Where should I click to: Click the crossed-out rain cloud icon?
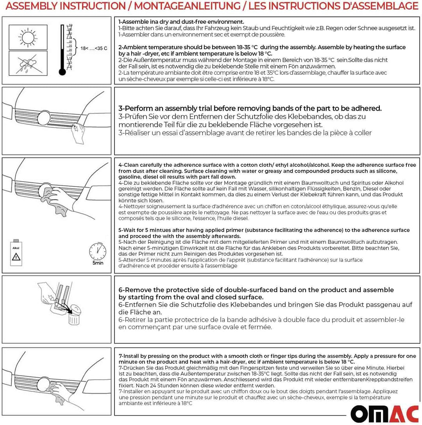pyautogui.click(x=27, y=63)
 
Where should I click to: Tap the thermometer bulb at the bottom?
pyautogui.click(x=62, y=72)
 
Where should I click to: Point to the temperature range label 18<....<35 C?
pyautogui.click(x=94, y=48)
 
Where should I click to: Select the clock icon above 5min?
pyautogui.click(x=98, y=251)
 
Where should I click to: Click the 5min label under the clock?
pyautogui.click(x=98, y=263)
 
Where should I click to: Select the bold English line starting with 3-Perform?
pyautogui.click(x=250, y=108)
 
